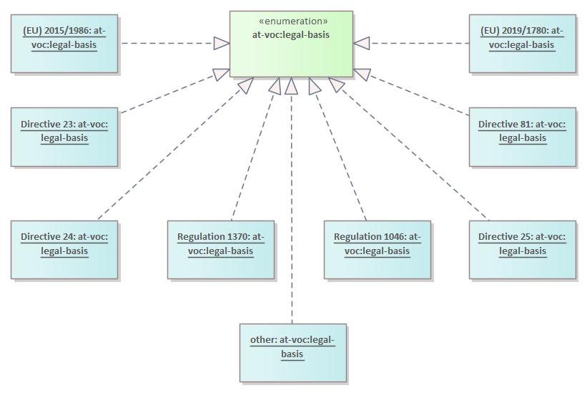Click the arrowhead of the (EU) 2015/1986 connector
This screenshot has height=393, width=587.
(x=221, y=43)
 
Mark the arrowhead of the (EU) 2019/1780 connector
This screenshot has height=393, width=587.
(x=362, y=43)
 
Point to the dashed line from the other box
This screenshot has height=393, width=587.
(x=291, y=215)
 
